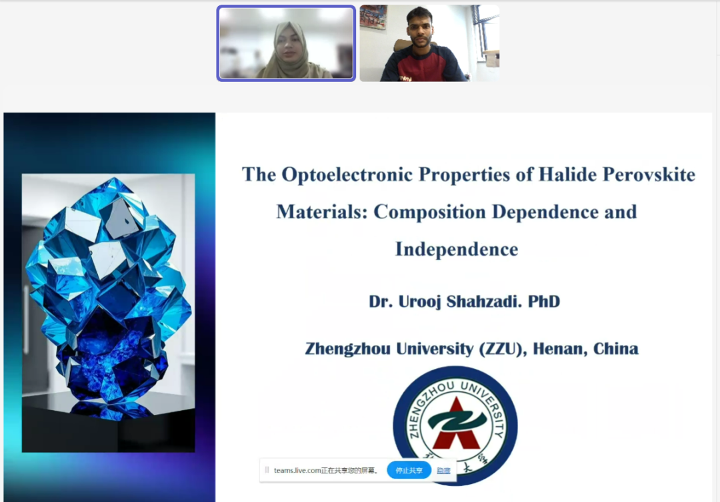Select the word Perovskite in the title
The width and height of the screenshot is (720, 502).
point(649,174)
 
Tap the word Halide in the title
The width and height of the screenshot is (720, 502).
point(567,174)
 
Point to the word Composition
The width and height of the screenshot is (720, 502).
point(429,212)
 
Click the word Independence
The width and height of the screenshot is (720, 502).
point(457,250)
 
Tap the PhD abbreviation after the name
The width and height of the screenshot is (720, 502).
point(544,301)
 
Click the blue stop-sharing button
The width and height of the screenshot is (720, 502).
point(409,470)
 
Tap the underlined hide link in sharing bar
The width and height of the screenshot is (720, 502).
point(443,470)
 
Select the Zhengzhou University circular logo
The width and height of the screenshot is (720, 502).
point(455,425)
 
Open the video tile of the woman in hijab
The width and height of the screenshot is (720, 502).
point(286,43)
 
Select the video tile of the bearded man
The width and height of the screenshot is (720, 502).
point(429,43)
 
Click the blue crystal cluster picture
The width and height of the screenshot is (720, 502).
point(109,313)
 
